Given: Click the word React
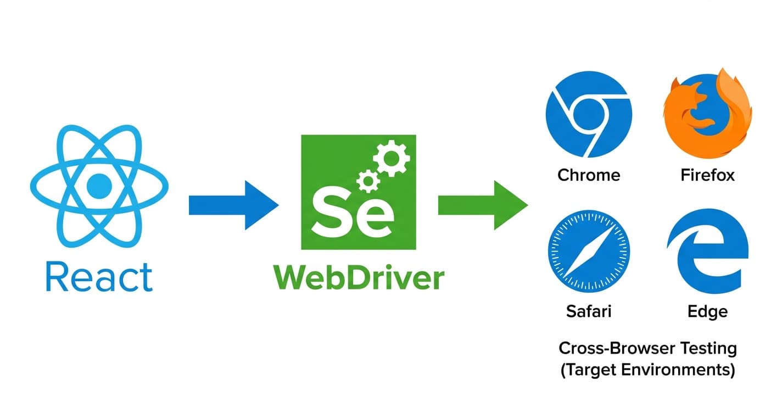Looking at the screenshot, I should (x=99, y=277).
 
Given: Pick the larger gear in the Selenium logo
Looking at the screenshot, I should (x=391, y=158).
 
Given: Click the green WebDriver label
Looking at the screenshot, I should (x=358, y=278).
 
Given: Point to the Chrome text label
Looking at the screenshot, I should (x=588, y=175).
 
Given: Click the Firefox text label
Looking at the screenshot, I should (x=707, y=175).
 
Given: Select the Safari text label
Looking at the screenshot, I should (x=588, y=311).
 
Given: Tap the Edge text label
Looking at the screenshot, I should (x=707, y=311).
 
